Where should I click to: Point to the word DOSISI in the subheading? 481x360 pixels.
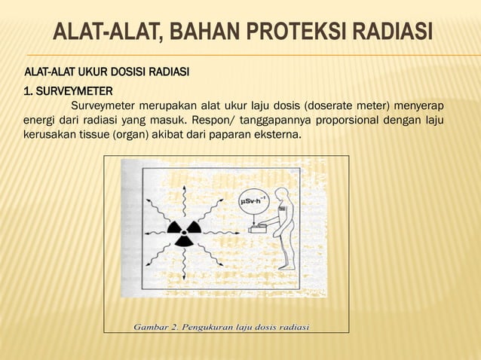[133, 72]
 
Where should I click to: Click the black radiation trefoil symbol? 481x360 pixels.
[184, 230]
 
